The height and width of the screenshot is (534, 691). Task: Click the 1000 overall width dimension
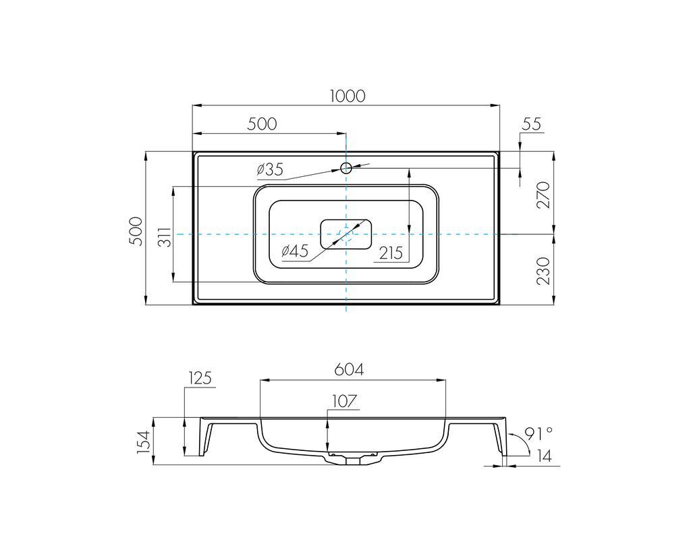click(x=348, y=96)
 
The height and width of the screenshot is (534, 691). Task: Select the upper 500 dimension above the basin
click(x=262, y=124)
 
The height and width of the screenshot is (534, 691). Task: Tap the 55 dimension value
click(x=532, y=124)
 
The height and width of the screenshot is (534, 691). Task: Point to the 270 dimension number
click(x=544, y=194)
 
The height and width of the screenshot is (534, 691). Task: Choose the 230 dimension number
click(x=544, y=271)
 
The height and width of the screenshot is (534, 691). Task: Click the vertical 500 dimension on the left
click(x=136, y=231)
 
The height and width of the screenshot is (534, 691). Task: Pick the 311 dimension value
click(x=164, y=237)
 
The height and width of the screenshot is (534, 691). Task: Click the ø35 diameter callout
click(x=270, y=169)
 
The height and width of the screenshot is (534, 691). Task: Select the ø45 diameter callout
click(x=295, y=251)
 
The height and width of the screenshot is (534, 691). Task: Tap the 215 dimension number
click(x=391, y=253)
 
